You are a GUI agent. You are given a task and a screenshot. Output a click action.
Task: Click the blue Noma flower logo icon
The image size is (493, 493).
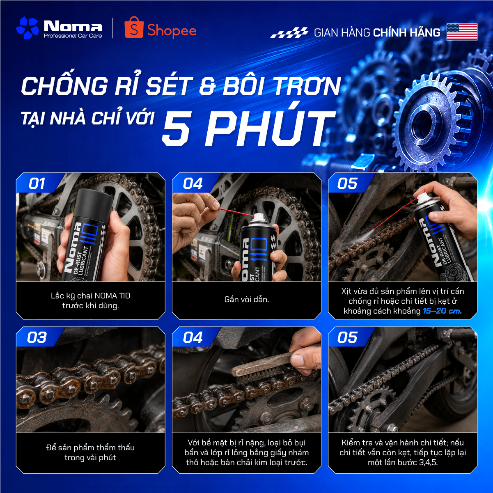(x=28, y=28)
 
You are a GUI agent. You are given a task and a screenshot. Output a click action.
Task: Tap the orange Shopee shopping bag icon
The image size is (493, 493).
(x=133, y=28)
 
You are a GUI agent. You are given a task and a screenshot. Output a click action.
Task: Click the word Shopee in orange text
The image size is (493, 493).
(x=172, y=31)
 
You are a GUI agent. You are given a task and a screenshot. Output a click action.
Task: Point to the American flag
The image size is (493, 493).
(x=462, y=32)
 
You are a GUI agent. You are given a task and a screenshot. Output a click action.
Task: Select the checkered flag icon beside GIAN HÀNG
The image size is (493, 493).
(x=289, y=32)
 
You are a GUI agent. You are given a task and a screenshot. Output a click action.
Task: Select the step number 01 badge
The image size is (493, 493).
(x=37, y=183)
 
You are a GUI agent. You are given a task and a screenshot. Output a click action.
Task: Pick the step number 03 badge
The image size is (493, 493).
(x=37, y=337)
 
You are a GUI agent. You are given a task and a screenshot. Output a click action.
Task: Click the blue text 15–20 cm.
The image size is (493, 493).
(x=442, y=311)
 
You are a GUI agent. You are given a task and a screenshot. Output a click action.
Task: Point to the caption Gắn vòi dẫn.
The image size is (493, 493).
(x=247, y=299)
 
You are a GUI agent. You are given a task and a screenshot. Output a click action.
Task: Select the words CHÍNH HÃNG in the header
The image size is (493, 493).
(x=407, y=32)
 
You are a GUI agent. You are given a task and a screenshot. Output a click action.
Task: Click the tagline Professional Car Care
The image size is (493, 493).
(x=73, y=36)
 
